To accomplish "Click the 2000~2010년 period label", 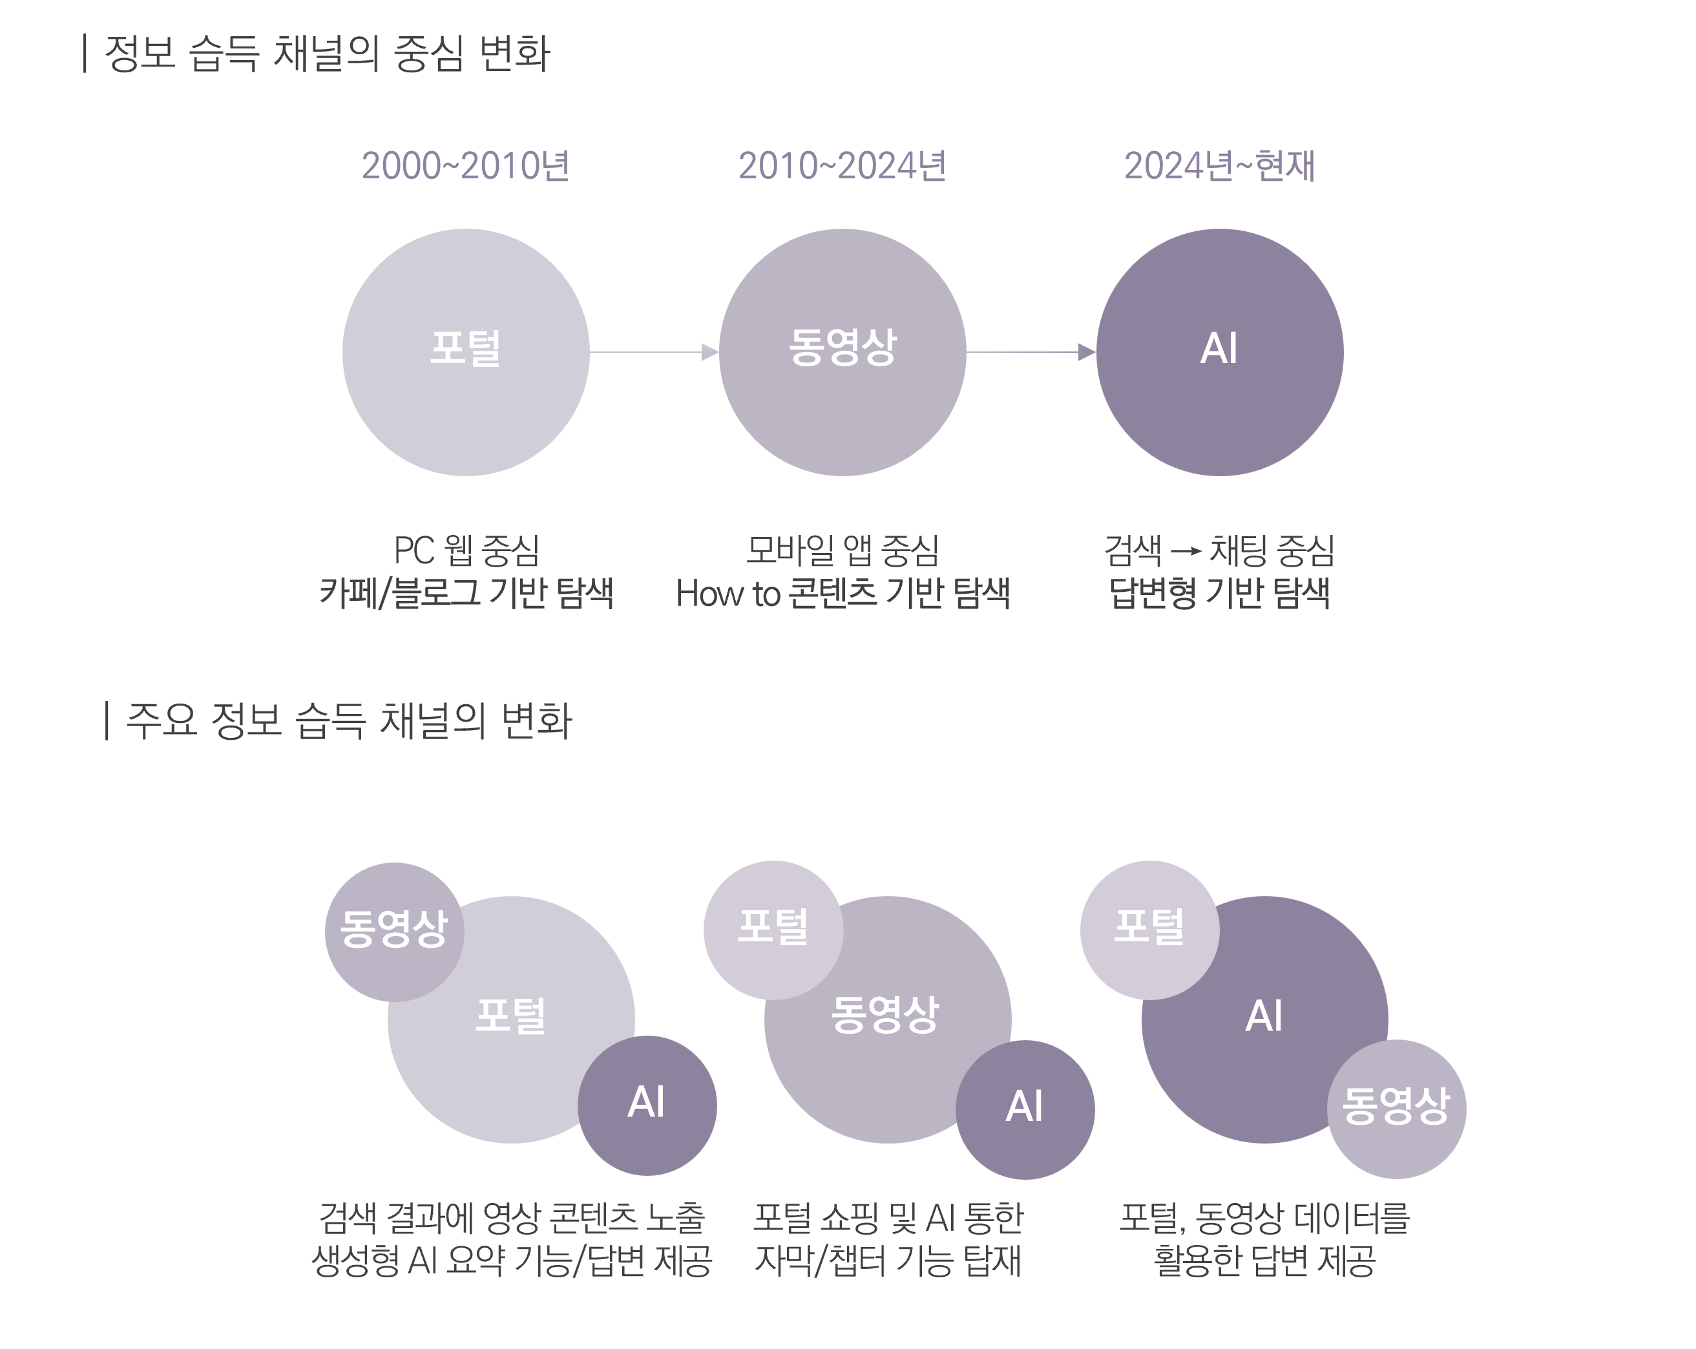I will click(x=465, y=166).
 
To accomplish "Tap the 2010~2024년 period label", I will click(x=842, y=166).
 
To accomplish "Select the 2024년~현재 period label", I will click(x=1219, y=166).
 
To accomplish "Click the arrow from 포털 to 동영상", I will click(x=654, y=352).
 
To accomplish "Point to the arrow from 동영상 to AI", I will click(x=1031, y=352).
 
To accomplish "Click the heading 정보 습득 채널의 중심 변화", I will click(x=326, y=54).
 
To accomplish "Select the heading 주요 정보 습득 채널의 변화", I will click(x=348, y=720).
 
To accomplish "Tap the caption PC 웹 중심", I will click(x=466, y=550).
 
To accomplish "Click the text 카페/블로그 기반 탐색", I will click(x=466, y=593).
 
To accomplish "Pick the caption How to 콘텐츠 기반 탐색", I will click(x=843, y=593).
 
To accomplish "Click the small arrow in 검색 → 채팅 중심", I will click(x=1186, y=551).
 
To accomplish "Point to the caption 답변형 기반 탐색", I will click(x=1219, y=593).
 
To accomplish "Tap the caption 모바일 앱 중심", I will click(x=843, y=550).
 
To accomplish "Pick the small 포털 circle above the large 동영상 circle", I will click(x=773, y=929).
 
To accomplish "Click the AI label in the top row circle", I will click(x=1219, y=348).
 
